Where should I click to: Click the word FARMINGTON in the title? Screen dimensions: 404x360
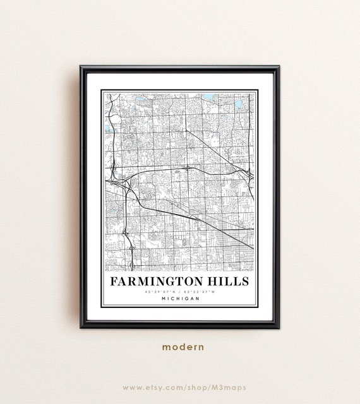(x=160, y=280)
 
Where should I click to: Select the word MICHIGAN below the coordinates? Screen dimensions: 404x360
(x=180, y=299)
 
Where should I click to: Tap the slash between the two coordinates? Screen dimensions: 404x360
(x=180, y=292)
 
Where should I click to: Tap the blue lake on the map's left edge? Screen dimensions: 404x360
(x=109, y=128)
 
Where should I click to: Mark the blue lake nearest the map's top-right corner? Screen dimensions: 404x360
(x=239, y=104)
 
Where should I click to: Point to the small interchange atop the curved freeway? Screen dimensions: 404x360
(x=188, y=168)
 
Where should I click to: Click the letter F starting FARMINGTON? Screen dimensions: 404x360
(x=114, y=280)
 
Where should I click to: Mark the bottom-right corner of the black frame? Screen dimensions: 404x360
(x=279, y=327)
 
